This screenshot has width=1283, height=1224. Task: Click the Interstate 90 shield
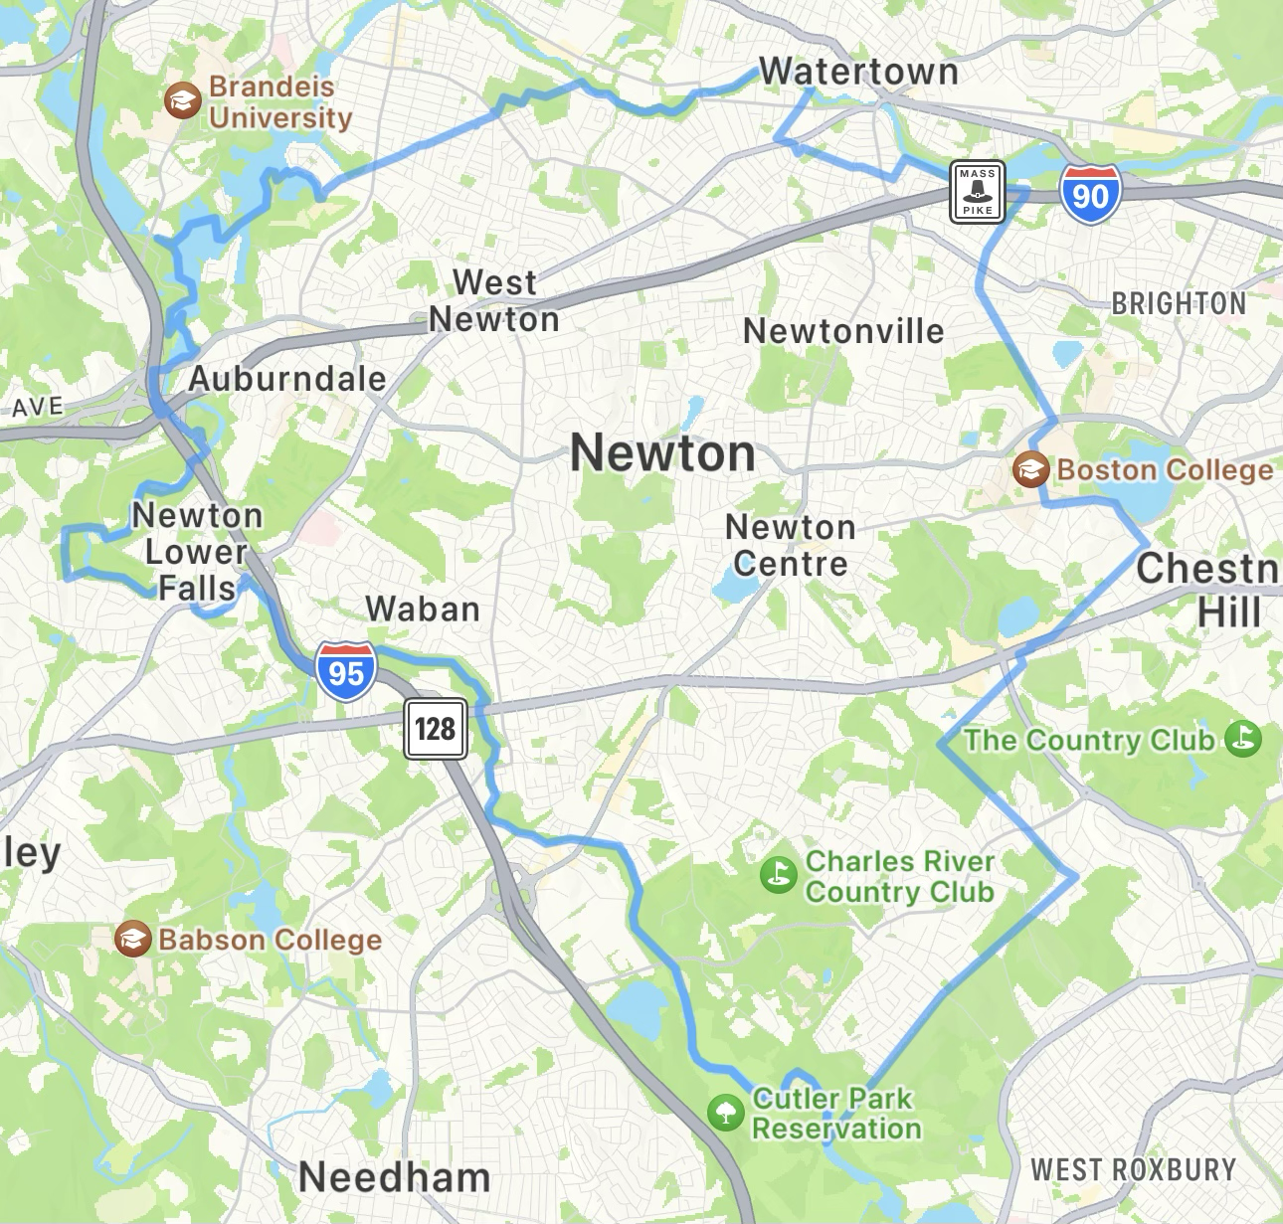[x=1090, y=194]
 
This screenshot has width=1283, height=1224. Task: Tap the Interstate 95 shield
[x=346, y=672]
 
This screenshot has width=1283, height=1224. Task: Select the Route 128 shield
[x=436, y=729]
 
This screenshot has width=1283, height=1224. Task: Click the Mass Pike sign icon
[x=977, y=191]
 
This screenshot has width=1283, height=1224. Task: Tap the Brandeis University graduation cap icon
[x=182, y=100]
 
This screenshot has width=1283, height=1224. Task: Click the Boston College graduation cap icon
[x=1030, y=468]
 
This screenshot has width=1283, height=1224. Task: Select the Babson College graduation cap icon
[x=132, y=939]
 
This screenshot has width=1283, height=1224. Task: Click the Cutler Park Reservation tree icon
[x=725, y=1113]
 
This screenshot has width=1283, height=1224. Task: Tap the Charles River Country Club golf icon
[x=778, y=875]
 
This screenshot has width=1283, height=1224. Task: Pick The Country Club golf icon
[x=1243, y=739]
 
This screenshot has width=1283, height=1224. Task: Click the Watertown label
[x=858, y=72]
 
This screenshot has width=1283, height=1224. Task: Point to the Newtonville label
[x=843, y=331]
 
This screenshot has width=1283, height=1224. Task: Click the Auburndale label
[x=287, y=379]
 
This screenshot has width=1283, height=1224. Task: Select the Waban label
[x=423, y=609]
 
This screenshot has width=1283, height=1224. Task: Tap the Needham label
[x=395, y=1178]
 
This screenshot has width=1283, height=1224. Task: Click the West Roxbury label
[x=1133, y=1170]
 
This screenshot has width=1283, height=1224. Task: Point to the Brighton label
[x=1179, y=303]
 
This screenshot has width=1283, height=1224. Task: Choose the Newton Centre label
[x=791, y=545]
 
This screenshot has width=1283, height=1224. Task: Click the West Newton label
[x=494, y=301]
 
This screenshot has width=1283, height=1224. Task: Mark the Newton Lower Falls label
[x=198, y=552]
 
